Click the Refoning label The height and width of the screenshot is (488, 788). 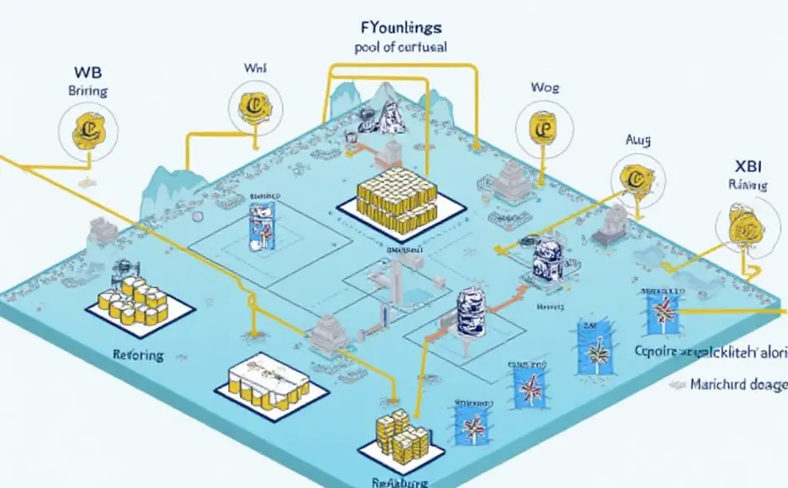138,355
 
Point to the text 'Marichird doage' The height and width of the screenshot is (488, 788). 735,383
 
